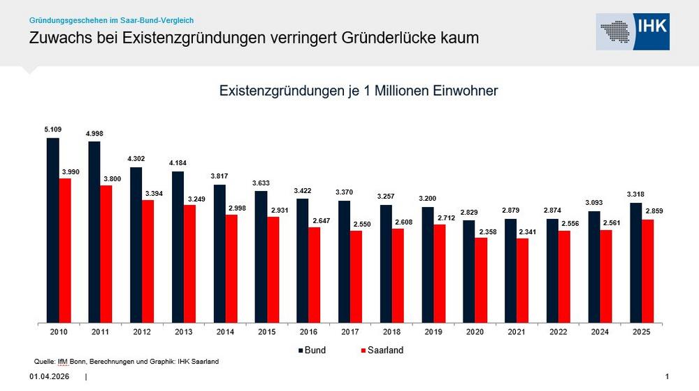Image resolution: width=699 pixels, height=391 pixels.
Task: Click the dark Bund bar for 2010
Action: [x=52, y=231]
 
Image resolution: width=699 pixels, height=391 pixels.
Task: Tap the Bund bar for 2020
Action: [x=469, y=272]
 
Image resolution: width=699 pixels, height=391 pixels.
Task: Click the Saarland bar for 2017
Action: [x=356, y=277]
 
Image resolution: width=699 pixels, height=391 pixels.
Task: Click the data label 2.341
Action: [x=523, y=231]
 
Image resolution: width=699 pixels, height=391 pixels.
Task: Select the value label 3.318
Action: [x=635, y=194]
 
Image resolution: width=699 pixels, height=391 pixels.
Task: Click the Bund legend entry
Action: [x=312, y=350]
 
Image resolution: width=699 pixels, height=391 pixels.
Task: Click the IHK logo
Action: [x=633, y=31]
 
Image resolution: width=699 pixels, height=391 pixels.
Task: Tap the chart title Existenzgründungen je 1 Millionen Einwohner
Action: [x=358, y=91]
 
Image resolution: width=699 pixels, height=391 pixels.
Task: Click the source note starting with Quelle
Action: [x=127, y=361]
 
